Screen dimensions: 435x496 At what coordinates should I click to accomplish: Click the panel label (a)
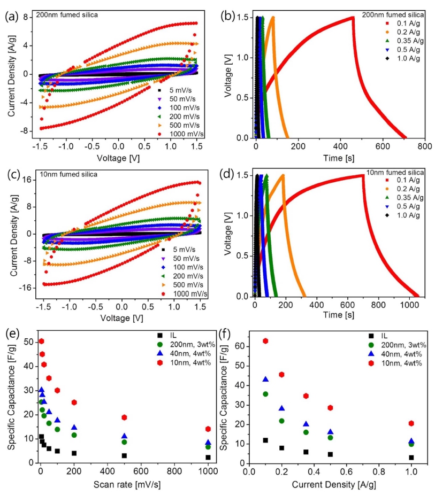12,17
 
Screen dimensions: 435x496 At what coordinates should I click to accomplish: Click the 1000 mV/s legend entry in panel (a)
181,134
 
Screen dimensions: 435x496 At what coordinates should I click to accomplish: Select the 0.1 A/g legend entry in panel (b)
403,24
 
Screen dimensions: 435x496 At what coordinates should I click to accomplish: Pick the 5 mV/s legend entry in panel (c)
178,250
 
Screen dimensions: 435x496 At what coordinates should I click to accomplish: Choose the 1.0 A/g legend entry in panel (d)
403,215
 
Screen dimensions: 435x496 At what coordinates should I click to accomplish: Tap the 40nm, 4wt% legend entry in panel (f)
395,354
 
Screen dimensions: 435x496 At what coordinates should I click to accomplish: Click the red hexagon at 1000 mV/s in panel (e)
208,429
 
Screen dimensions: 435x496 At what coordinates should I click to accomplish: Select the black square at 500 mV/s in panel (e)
124,456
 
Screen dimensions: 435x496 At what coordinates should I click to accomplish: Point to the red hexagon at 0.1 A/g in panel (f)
265,340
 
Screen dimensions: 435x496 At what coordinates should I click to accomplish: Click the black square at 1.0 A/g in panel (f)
411,458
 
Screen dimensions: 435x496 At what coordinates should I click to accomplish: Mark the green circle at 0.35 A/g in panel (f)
306,432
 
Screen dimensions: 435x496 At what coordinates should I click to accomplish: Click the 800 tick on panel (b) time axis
424,146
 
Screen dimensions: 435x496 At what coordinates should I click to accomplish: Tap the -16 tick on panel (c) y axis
25,288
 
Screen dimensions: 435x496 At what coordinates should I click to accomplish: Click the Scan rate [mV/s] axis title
127,485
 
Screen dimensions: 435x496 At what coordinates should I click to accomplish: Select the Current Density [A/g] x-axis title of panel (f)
334,485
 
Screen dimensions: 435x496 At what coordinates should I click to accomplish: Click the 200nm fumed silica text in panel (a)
67,15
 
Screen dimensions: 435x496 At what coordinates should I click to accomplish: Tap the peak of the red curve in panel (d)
363,175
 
